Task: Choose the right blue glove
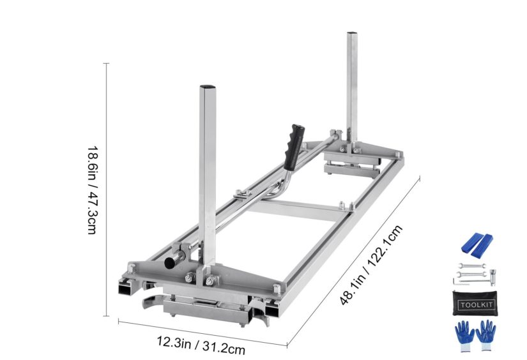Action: point(487,333)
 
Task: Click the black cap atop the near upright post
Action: point(208,87)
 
